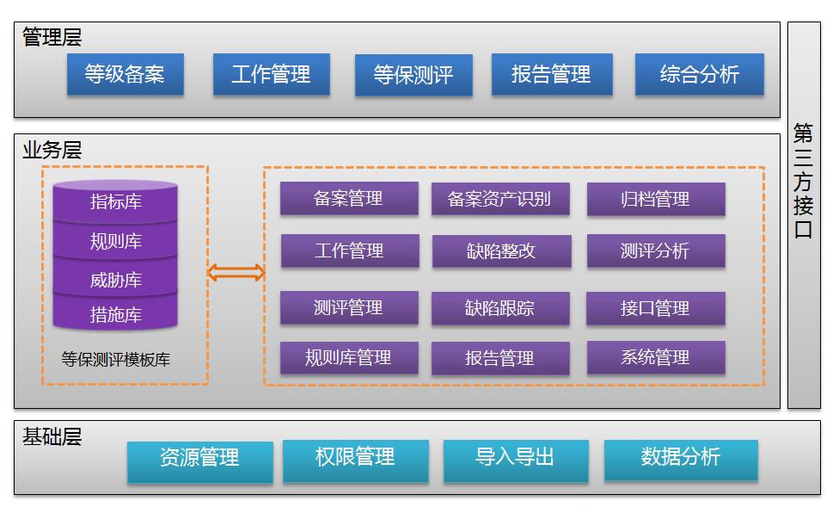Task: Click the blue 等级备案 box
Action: click(125, 75)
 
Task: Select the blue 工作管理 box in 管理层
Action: click(271, 75)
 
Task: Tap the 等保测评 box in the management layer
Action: click(413, 75)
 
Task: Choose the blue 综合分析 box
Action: click(699, 75)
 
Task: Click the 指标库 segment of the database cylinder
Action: click(116, 202)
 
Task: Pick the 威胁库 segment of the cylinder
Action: click(116, 280)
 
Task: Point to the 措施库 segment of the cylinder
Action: click(116, 315)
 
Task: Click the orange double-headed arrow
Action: click(236, 273)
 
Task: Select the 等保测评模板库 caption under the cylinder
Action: click(116, 360)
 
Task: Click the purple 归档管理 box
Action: click(655, 200)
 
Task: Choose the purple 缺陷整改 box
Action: click(500, 251)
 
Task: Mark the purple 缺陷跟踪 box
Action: click(499, 308)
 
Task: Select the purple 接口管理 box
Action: click(655, 308)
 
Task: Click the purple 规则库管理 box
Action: click(348, 357)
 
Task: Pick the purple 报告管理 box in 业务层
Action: click(499, 358)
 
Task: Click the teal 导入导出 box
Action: click(515, 458)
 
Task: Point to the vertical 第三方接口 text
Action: click(803, 182)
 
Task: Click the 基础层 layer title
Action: click(52, 436)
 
